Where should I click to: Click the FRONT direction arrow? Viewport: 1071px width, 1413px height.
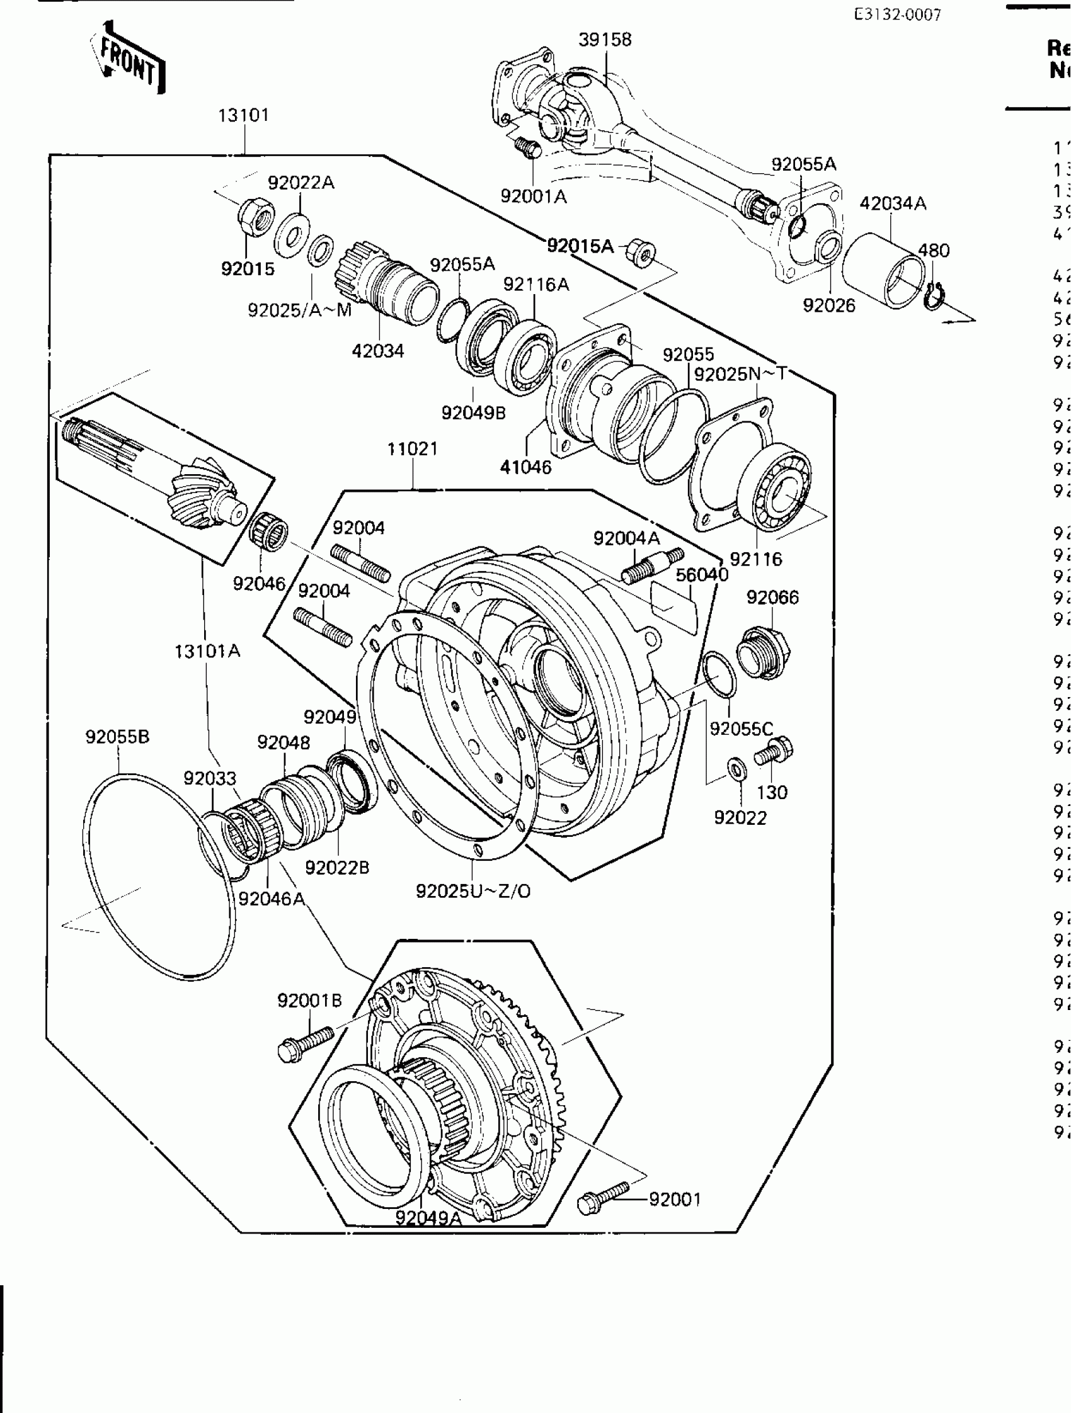130,60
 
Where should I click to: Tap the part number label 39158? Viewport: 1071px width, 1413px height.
605,40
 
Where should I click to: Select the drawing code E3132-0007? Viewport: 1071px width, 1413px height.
897,14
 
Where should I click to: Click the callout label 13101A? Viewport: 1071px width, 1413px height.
207,651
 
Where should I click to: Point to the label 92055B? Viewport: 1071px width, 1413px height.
118,737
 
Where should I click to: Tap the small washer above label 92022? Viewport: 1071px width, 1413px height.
735,769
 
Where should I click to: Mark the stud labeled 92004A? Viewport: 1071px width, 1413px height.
652,564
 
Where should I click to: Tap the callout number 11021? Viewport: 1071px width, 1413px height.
412,448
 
